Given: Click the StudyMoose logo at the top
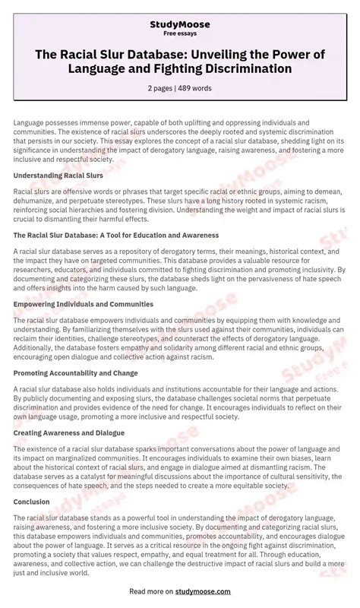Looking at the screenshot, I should pyautogui.click(x=180, y=24).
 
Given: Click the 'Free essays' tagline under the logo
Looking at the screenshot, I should pyautogui.click(x=180, y=34).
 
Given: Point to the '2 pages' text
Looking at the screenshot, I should pyautogui.click(x=160, y=88).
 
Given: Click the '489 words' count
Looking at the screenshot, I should pyautogui.click(x=196, y=88).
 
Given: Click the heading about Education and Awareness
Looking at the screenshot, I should pyautogui.click(x=115, y=236).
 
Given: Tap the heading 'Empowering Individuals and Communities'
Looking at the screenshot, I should pyautogui.click(x=84, y=304).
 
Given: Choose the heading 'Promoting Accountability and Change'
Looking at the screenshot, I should pyautogui.click(x=76, y=373).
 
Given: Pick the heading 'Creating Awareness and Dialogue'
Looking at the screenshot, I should pyautogui.click(x=70, y=432).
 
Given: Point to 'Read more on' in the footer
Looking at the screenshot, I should pyautogui.click(x=150, y=591).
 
